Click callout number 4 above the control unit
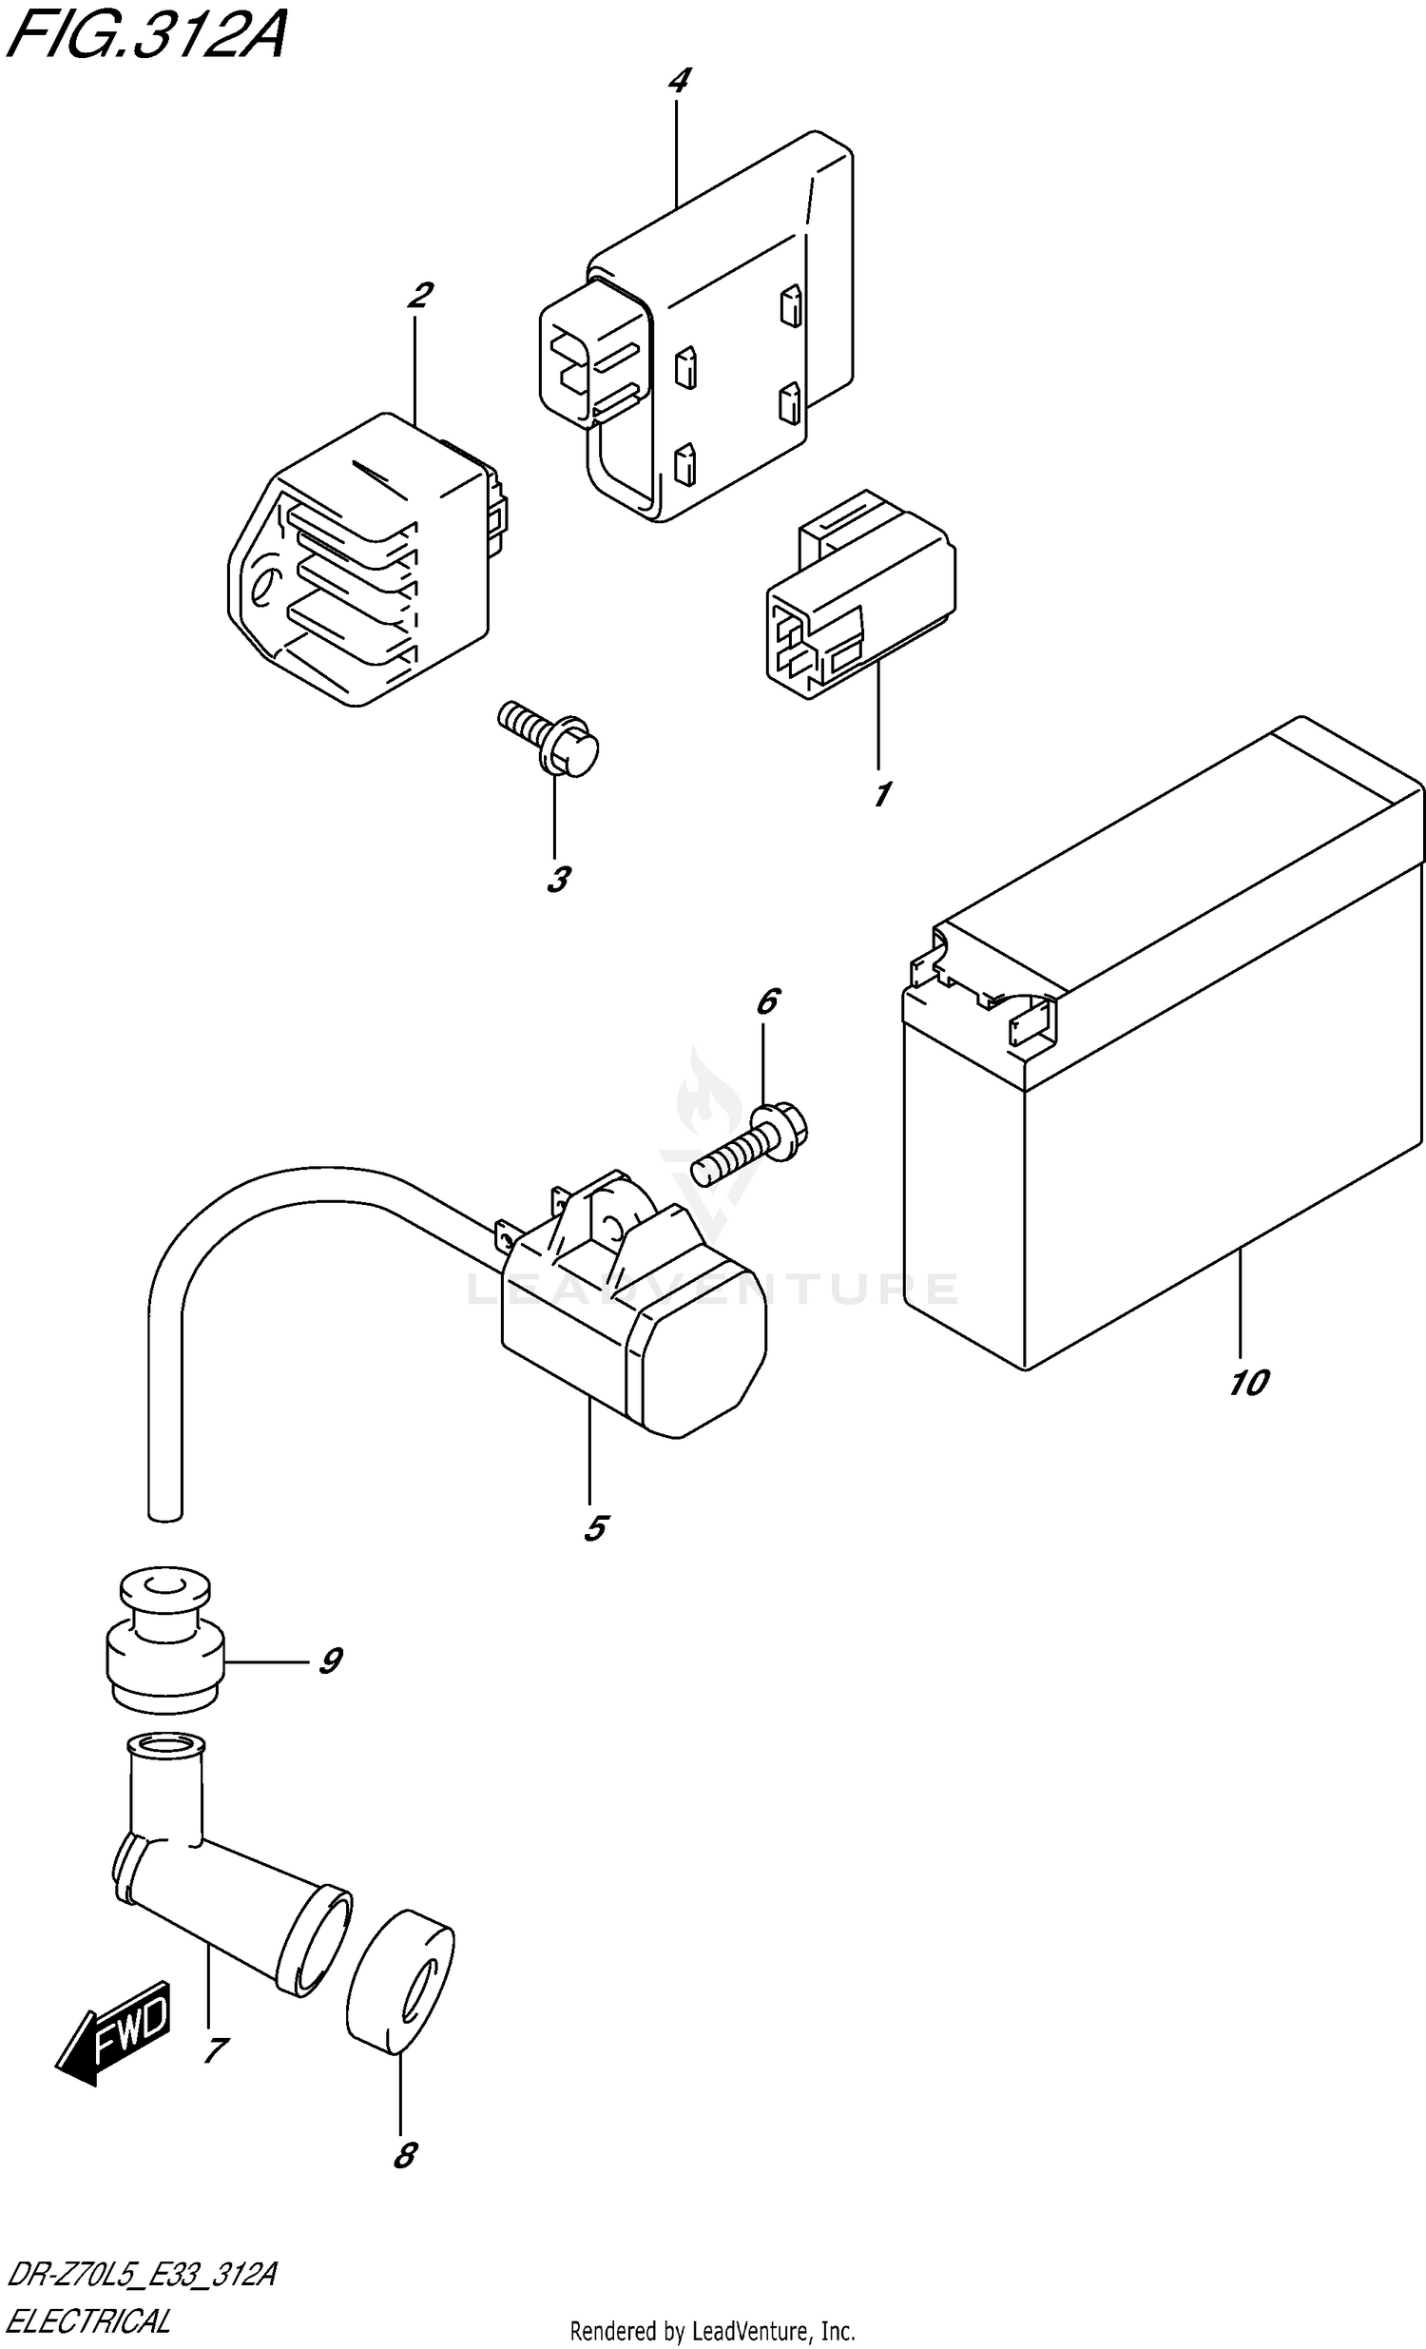(678, 80)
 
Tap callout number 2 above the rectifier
(418, 296)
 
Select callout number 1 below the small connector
(882, 793)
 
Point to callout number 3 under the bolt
(559, 879)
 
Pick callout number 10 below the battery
(1247, 1383)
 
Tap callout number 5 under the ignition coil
(595, 1528)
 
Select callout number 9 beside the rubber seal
(329, 1660)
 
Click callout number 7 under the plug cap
(216, 2048)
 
